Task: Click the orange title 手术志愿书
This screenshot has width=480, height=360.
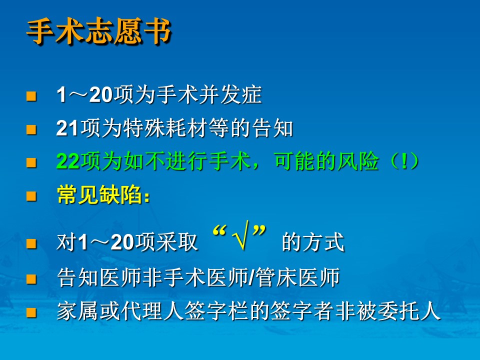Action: point(98,31)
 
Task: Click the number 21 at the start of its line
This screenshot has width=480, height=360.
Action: point(67,128)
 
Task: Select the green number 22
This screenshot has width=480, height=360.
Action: point(68,161)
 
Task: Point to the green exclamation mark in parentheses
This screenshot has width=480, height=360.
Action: point(404,161)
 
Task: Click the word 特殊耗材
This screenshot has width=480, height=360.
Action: point(165,128)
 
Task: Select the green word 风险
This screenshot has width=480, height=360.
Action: point(357,161)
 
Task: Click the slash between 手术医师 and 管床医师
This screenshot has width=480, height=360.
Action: point(252,277)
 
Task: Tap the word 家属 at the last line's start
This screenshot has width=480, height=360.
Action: point(78,311)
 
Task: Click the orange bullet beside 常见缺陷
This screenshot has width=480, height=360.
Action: point(31,196)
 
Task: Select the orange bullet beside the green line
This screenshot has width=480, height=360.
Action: point(31,162)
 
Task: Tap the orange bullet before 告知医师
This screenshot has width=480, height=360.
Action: point(31,279)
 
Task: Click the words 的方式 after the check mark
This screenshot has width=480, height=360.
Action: point(313,242)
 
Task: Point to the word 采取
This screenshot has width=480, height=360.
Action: point(176,242)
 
